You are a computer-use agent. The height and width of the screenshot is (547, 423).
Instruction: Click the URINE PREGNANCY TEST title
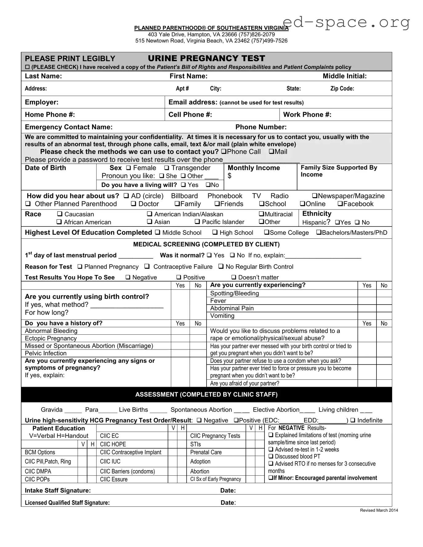(x=206, y=58)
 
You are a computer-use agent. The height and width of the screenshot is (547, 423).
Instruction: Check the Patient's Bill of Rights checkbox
(x=27, y=67)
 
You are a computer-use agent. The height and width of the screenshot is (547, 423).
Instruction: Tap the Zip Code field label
(x=342, y=89)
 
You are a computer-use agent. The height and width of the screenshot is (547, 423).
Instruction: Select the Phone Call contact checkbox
(x=224, y=152)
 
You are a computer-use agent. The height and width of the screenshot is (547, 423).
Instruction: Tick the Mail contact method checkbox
(x=272, y=152)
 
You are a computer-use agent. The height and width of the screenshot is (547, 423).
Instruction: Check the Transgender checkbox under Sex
(x=167, y=168)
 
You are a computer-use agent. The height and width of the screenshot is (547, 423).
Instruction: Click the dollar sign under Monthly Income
(x=229, y=176)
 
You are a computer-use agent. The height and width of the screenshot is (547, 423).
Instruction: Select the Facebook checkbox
(x=340, y=204)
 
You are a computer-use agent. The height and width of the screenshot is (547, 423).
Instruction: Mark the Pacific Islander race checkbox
(x=197, y=222)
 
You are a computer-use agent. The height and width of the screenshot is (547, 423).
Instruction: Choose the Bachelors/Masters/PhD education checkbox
(x=319, y=233)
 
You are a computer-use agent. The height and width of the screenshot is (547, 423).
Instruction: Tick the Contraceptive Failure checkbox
(x=147, y=266)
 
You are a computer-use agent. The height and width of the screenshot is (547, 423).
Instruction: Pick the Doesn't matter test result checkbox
(x=234, y=277)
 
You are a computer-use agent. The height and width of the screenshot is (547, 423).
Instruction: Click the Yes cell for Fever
(x=367, y=301)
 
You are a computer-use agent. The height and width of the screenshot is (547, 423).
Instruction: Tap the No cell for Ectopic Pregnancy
(x=198, y=338)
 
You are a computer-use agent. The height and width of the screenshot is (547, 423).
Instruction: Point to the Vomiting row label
(x=222, y=316)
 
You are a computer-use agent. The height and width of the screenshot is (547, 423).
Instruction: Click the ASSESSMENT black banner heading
(x=206, y=394)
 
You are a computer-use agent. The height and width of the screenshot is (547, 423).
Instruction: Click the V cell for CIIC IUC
(x=172, y=461)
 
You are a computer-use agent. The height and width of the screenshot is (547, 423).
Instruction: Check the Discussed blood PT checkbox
(x=271, y=457)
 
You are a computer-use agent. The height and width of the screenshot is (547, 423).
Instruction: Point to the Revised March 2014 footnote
(x=379, y=510)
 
